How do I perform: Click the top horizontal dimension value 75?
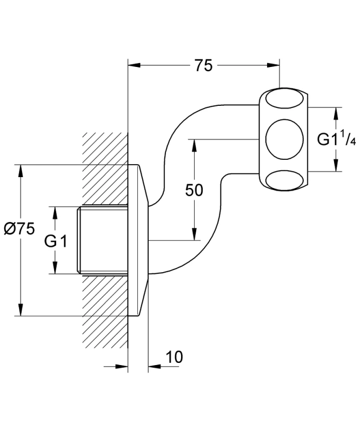coord(204,66)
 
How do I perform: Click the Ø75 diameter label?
coord(19,229)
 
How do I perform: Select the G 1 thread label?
coord(56,241)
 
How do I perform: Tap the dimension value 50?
coord(194,190)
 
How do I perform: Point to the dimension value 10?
coord(174,357)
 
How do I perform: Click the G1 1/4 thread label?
coord(336,139)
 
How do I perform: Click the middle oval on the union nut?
coord(284,139)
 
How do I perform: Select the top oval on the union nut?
coord(284,98)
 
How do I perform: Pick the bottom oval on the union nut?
coord(284,180)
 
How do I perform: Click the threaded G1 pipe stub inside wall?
coord(102,240)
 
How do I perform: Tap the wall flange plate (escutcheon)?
coord(138,240)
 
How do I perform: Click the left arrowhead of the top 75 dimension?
coord(134,65)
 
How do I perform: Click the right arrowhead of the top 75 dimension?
coord(274,65)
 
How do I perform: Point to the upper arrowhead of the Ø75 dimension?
coord(20,171)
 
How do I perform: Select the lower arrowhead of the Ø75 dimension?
coord(20,309)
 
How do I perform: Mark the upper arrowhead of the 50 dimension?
coord(194,145)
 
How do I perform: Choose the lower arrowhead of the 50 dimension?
coord(194,234)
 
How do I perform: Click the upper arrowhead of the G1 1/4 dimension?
coord(336,113)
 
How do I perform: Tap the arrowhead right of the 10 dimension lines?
coord(155,367)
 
